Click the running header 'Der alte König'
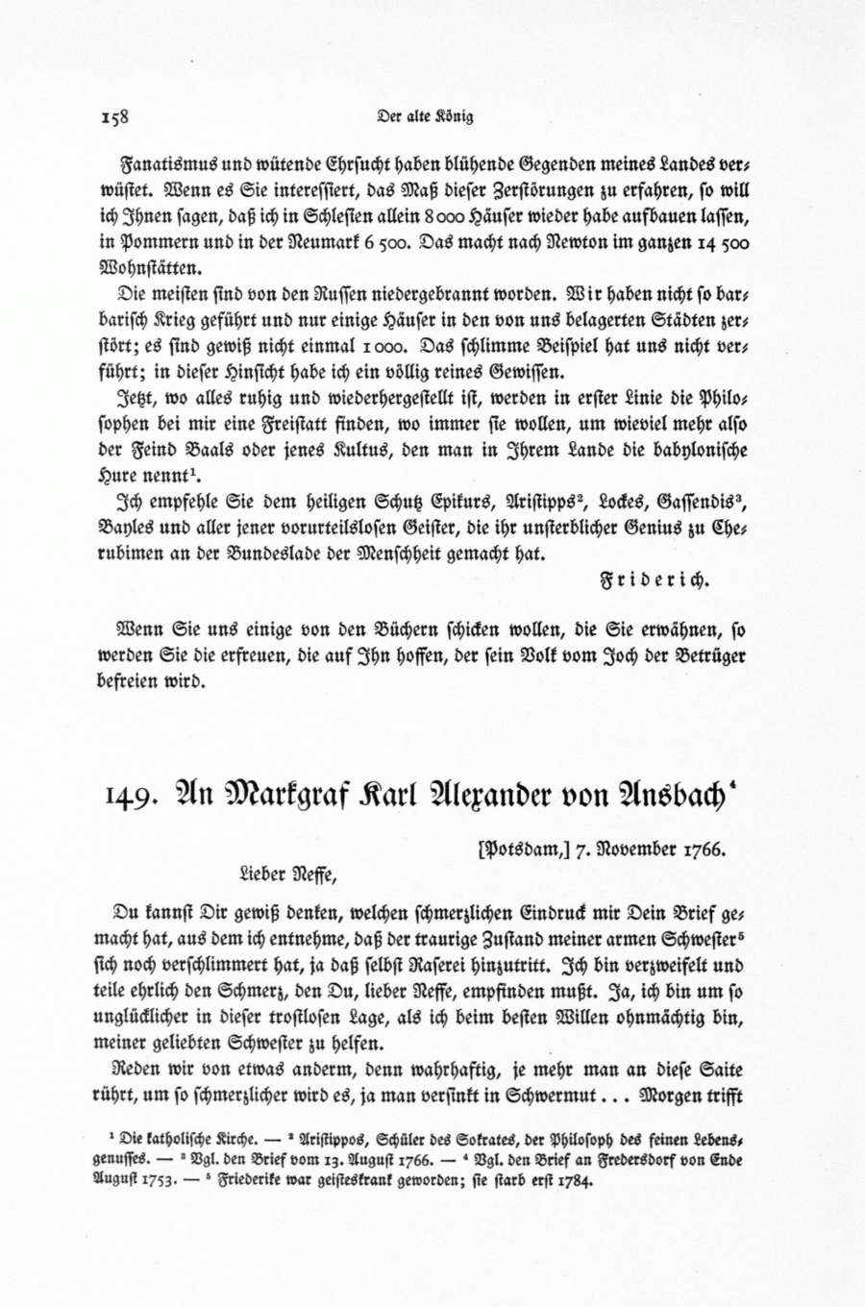tap(426, 118)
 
